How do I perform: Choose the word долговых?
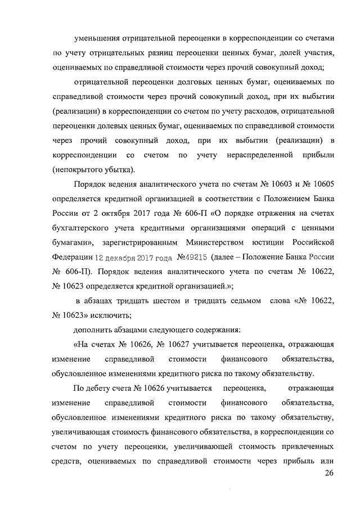tap(182, 82)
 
